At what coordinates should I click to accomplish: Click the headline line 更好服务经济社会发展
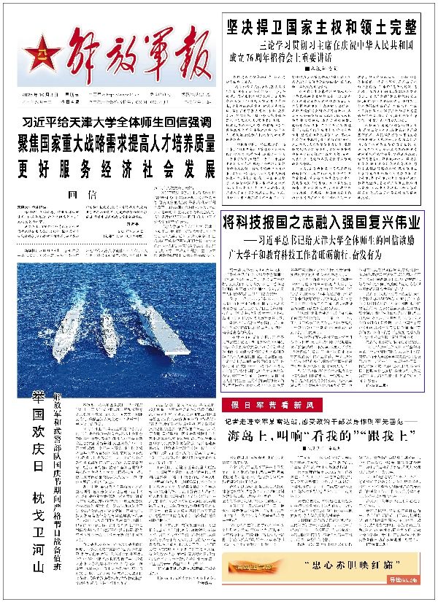click(x=117, y=169)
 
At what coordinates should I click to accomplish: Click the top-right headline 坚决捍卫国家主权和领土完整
click(x=321, y=28)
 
